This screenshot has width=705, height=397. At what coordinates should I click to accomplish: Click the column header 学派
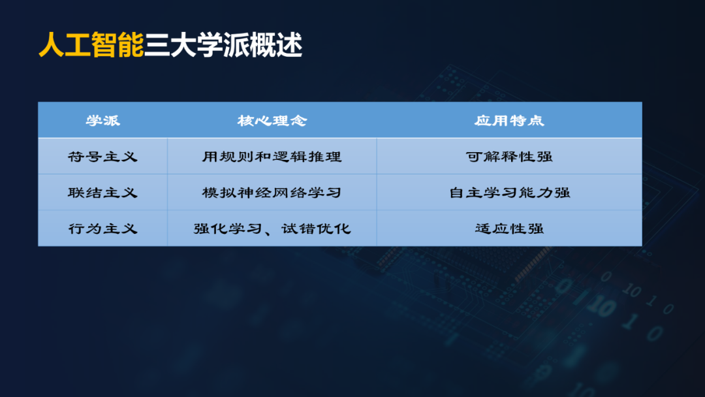click(x=103, y=121)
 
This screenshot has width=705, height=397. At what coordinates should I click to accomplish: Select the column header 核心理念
click(x=272, y=121)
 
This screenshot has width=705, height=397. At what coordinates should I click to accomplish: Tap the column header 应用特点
click(x=509, y=121)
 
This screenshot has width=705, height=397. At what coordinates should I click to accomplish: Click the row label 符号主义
click(x=103, y=157)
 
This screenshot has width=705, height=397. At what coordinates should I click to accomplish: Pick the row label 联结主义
click(x=103, y=193)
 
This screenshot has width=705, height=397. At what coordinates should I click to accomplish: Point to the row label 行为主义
click(x=103, y=229)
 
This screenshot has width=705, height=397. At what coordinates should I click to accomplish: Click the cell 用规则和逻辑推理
click(x=272, y=157)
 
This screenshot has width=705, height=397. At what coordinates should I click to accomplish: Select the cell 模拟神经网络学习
click(x=272, y=193)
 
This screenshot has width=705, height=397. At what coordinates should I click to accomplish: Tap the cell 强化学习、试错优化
click(x=272, y=229)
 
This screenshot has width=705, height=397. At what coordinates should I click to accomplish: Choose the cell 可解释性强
click(x=509, y=157)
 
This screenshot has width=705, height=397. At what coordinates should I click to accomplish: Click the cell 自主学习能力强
click(x=509, y=193)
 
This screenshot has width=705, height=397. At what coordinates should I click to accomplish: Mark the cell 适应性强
click(x=509, y=229)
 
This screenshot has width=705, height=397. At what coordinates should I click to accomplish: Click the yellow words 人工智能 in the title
click(x=91, y=45)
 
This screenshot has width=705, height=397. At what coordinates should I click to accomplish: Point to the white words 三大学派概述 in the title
click(x=223, y=45)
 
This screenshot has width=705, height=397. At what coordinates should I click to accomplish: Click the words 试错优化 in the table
click(x=317, y=229)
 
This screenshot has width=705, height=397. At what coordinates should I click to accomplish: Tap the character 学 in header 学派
click(x=94, y=121)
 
